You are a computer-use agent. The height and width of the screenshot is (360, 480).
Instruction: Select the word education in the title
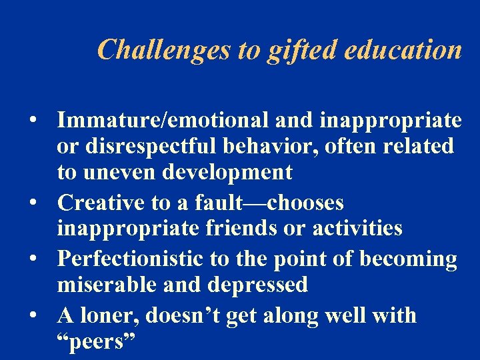tap(401, 50)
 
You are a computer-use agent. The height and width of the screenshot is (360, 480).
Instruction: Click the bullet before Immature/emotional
tap(32, 121)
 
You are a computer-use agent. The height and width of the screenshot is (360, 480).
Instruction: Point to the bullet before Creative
tap(32, 203)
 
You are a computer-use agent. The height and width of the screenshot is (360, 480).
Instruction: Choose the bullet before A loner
tap(32, 315)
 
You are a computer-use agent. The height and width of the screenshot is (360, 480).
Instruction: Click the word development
tap(226, 173)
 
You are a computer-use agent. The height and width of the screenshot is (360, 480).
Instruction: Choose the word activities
tap(357, 229)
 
